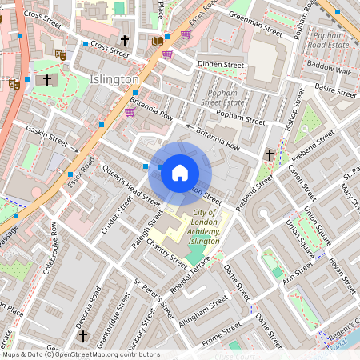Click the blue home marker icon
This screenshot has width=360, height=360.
[x=180, y=171]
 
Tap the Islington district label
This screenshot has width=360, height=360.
[x=114, y=80]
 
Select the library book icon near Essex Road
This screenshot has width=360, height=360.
[x=157, y=40]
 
